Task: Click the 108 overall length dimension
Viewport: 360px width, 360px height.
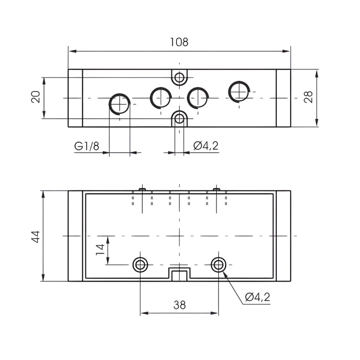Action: [179, 42]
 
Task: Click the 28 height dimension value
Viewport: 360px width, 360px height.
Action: [308, 97]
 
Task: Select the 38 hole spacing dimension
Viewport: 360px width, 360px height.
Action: [179, 305]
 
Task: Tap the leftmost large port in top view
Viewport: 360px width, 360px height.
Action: [119, 103]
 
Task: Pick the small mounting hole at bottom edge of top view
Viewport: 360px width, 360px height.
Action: [179, 119]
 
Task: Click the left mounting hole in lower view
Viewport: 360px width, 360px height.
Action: [140, 265]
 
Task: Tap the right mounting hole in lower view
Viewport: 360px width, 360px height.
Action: [218, 265]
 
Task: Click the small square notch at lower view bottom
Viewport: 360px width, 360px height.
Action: [179, 275]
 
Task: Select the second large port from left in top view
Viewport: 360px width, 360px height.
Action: [161, 97]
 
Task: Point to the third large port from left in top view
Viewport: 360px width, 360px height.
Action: [197, 97]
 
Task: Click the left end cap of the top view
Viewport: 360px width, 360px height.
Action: [75, 98]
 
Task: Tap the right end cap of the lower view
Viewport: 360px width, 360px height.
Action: [283, 236]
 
